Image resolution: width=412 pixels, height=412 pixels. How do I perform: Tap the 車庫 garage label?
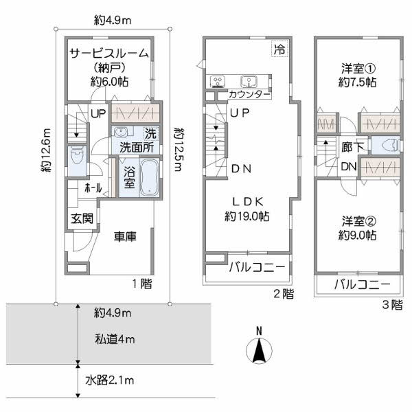tap(124, 236)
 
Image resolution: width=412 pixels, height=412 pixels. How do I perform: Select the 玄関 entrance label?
tap(78, 219)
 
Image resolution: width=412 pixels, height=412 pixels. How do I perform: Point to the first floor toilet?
tap(76, 157)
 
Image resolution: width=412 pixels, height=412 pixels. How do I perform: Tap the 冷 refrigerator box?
tap(279, 49)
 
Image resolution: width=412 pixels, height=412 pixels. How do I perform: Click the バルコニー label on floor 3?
tap(363, 284)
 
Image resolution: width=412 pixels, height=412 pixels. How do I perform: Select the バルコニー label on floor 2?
tap(256, 268)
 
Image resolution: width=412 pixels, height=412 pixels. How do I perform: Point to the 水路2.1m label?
tap(110, 380)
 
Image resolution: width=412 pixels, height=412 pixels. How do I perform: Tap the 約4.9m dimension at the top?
tap(113, 21)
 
